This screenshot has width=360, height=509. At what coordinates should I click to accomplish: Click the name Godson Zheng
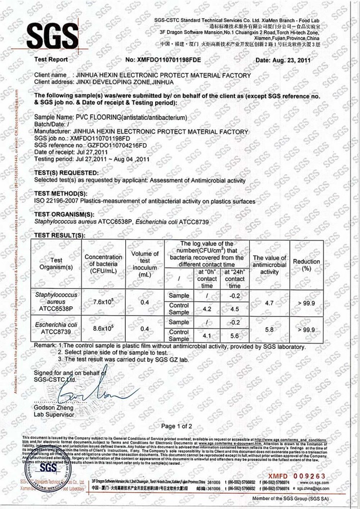coord(51,407)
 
